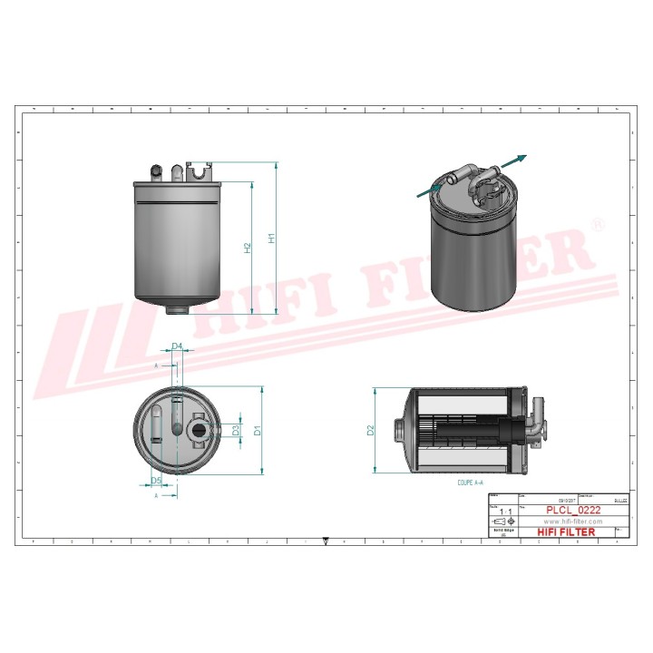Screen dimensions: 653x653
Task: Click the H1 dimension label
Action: (270, 239)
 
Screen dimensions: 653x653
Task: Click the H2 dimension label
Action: (247, 247)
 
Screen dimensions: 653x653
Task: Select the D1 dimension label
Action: (258, 430)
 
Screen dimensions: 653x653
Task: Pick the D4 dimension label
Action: (177, 346)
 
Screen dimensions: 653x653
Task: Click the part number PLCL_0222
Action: (572, 511)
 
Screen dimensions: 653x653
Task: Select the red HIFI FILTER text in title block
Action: (567, 532)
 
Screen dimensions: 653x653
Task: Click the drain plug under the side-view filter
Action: (179, 309)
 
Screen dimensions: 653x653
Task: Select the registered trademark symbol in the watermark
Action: (597, 223)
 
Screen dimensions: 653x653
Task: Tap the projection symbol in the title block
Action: (502, 523)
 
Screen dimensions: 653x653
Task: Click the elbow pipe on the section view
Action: (537, 423)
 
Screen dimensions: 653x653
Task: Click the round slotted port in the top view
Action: (197, 428)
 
